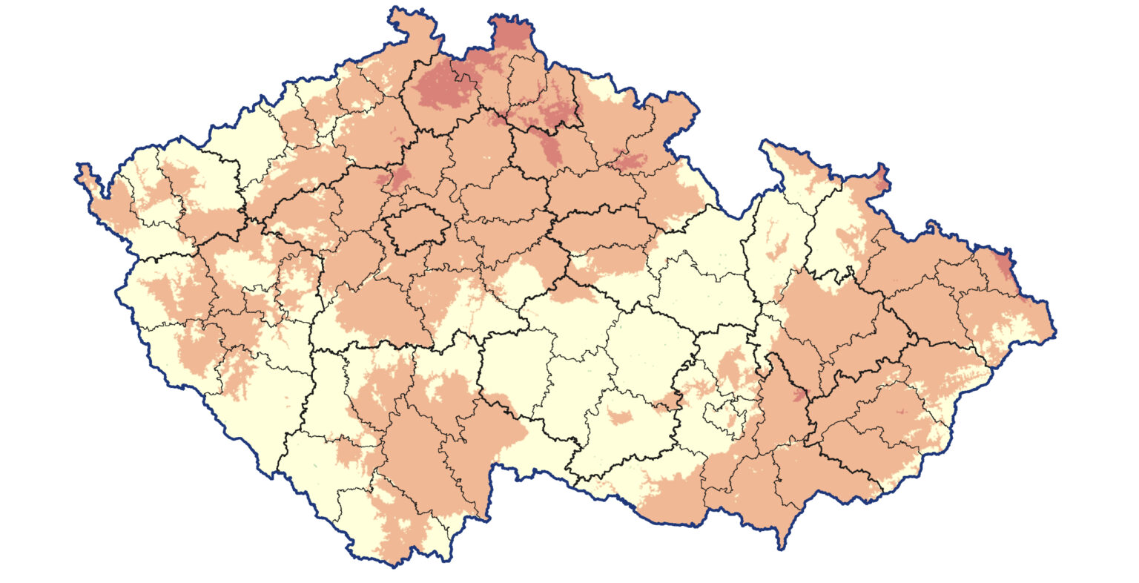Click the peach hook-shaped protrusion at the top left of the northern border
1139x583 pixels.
pyautogui.click(x=404, y=22)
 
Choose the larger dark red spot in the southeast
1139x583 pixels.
pyautogui.click(x=797, y=393)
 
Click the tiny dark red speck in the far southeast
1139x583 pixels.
pyautogui.click(x=900, y=411)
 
